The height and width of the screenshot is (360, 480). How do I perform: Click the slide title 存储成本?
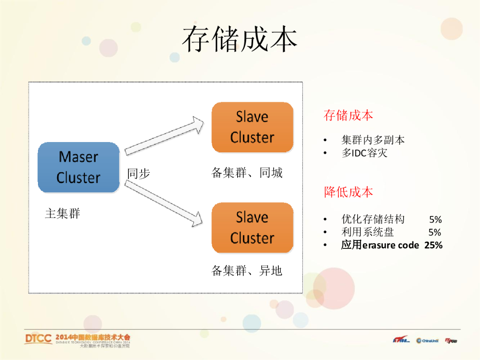[240, 39]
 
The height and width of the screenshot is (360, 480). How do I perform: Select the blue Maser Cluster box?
[78, 167]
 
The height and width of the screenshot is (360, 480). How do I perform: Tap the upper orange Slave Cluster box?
[252, 127]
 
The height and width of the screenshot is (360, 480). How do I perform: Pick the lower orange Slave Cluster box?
[252, 227]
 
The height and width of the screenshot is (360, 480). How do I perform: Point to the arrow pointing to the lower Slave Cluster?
[164, 202]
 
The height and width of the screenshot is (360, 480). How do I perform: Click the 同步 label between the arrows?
[138, 174]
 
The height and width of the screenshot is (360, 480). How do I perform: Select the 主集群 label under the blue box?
[62, 214]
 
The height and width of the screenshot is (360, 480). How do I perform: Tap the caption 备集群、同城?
[247, 173]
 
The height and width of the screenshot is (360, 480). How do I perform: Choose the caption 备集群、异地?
[247, 270]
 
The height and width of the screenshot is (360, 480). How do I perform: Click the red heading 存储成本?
[348, 115]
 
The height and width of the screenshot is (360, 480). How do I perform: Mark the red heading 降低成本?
[348, 192]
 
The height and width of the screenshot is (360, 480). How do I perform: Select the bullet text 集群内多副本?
[373, 140]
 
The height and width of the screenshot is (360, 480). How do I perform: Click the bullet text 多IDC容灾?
[365, 153]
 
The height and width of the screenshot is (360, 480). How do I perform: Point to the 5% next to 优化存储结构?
[435, 219]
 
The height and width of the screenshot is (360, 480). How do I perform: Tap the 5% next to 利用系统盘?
[435, 232]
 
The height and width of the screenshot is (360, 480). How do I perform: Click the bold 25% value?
[434, 245]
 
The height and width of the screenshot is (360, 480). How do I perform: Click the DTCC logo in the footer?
[38, 339]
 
